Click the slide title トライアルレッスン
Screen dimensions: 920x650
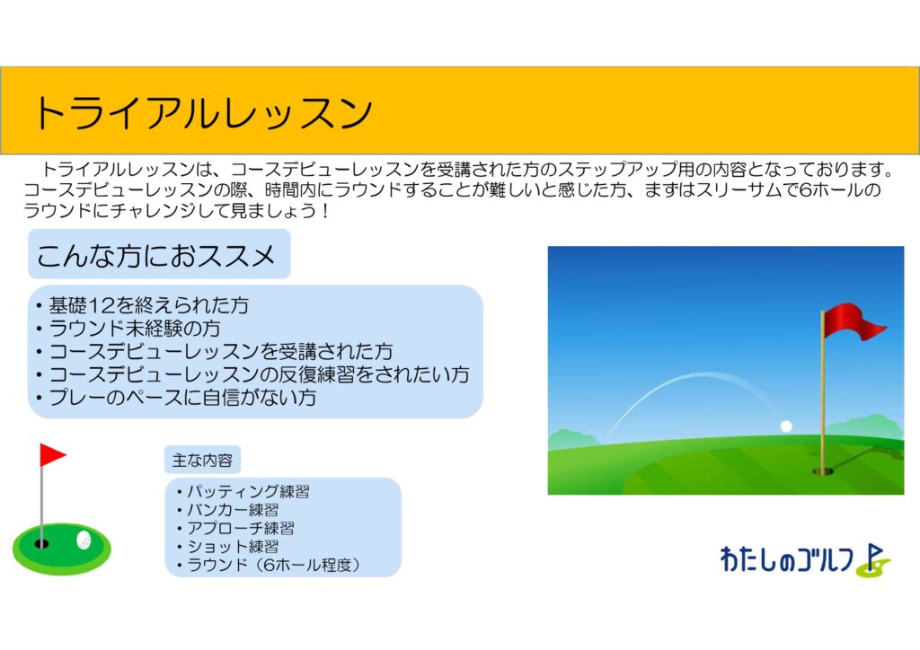point(203,112)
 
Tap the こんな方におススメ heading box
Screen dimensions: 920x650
point(159,254)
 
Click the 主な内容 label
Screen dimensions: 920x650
point(202,460)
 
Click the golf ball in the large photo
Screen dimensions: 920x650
point(786,426)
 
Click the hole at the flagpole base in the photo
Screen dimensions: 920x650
point(823,470)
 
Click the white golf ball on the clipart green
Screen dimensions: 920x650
point(84,540)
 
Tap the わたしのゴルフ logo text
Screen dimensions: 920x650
point(787,559)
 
